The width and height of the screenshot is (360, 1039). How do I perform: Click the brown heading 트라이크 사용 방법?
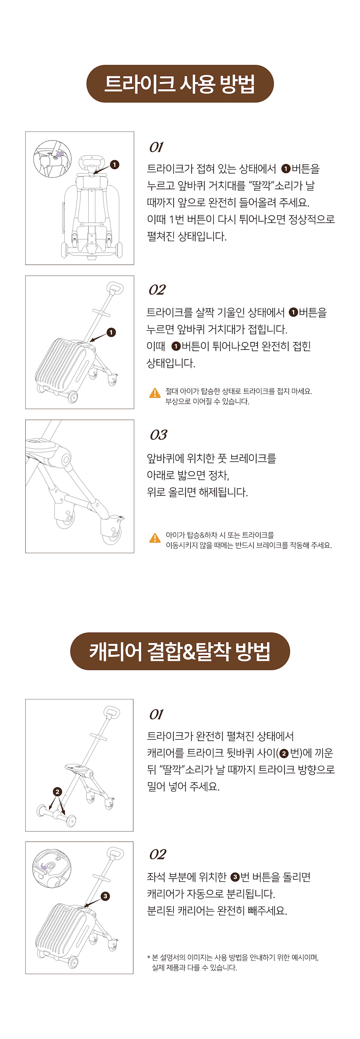[x=180, y=84]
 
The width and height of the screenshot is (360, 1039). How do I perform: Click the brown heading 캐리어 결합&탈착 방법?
[x=180, y=651]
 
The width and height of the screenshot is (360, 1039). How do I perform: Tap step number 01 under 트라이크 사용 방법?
[x=156, y=147]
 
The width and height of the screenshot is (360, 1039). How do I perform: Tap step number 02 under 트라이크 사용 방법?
[x=157, y=290]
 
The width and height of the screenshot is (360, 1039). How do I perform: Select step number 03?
[x=158, y=435]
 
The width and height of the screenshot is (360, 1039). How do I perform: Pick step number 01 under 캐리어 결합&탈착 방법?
[x=156, y=714]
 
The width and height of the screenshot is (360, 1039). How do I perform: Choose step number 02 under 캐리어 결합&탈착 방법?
[x=157, y=854]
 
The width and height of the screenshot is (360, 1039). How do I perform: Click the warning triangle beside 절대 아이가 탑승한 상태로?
[x=155, y=393]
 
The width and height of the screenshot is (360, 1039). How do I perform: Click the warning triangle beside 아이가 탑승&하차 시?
[x=155, y=538]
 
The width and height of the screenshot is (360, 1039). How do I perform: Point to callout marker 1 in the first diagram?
[x=115, y=165]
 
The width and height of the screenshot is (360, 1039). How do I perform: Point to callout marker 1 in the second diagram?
[x=111, y=332]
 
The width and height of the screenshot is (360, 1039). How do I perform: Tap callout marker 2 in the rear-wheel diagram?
[x=57, y=791]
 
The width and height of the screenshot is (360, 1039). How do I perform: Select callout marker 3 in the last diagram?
[x=105, y=896]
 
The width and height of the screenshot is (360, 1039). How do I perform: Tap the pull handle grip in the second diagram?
[x=115, y=289]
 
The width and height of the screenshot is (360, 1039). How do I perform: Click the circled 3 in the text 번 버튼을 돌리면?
[x=235, y=877]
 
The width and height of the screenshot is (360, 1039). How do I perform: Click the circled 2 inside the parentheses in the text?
[x=284, y=753]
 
